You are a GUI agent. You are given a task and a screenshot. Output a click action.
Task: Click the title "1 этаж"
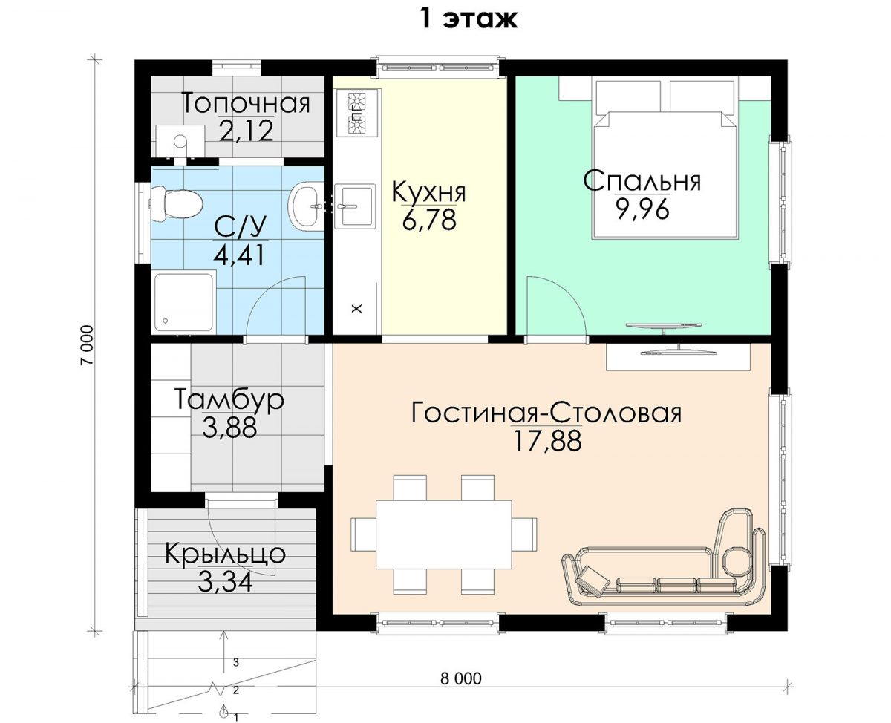(469, 19)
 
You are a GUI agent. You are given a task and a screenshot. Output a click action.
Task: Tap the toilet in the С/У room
(176, 205)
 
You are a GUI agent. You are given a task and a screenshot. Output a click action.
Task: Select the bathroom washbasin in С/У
(307, 206)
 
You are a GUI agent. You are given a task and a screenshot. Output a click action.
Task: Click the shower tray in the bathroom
(185, 302)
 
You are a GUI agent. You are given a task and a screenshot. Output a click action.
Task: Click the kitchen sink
(356, 206)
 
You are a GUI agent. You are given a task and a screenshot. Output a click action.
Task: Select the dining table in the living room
(443, 534)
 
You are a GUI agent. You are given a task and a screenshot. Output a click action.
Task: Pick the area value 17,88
(547, 441)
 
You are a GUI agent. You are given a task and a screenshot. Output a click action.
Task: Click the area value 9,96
(642, 210)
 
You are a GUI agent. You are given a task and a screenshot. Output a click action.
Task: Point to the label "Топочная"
(246, 103)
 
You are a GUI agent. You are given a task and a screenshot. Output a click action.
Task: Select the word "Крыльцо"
(225, 554)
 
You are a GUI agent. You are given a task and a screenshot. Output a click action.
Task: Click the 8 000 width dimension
(461, 678)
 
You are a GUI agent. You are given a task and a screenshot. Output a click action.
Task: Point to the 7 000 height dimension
(86, 345)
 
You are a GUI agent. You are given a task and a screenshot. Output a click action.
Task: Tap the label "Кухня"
(428, 192)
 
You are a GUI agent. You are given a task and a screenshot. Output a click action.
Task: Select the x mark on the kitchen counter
(357, 309)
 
